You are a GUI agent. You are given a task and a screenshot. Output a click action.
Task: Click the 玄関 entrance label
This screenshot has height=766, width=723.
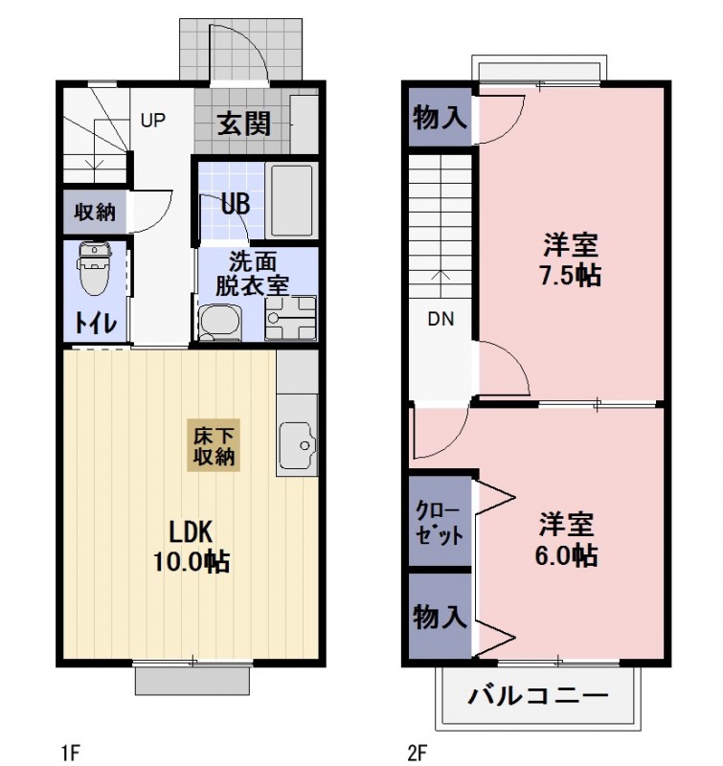tap(241, 124)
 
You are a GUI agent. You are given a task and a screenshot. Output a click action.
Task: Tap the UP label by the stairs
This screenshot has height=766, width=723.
tap(153, 121)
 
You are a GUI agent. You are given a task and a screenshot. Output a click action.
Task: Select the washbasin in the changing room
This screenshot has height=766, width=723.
tap(221, 322)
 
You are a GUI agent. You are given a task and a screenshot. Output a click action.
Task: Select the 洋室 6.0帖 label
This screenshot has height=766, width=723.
tap(567, 540)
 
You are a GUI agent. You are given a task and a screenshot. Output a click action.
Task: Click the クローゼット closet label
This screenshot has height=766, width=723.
tap(439, 522)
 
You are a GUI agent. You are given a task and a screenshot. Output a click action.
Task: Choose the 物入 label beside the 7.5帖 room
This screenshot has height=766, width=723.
tap(440, 118)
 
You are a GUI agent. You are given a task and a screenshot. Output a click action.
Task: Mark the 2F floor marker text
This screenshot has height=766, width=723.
tap(416, 753)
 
